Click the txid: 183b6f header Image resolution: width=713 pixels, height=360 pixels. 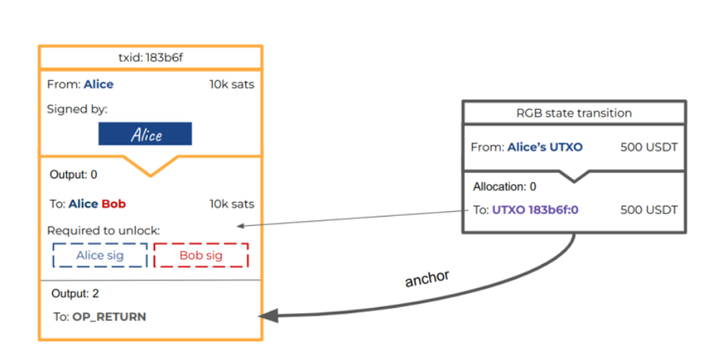point(150,58)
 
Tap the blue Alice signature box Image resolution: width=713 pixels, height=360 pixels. point(145,135)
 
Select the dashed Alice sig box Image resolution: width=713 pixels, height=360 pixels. point(99,255)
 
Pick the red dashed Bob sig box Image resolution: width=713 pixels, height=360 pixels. point(201,255)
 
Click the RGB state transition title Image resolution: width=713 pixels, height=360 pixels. point(574,113)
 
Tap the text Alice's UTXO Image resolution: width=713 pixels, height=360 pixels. point(545,147)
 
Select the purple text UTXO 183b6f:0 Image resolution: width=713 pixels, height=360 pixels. point(539,210)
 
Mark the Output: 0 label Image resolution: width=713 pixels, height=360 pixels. point(73,175)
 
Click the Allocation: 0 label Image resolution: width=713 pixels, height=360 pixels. point(505,187)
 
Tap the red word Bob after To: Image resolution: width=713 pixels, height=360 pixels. point(114,204)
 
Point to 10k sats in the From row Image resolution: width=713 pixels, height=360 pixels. point(231,84)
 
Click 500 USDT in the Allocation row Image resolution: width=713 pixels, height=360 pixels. point(648,210)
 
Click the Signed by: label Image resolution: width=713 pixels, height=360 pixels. point(77,109)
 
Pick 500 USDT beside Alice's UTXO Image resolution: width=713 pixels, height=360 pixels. point(648,147)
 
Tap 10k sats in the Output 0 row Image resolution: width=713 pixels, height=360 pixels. point(231,204)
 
